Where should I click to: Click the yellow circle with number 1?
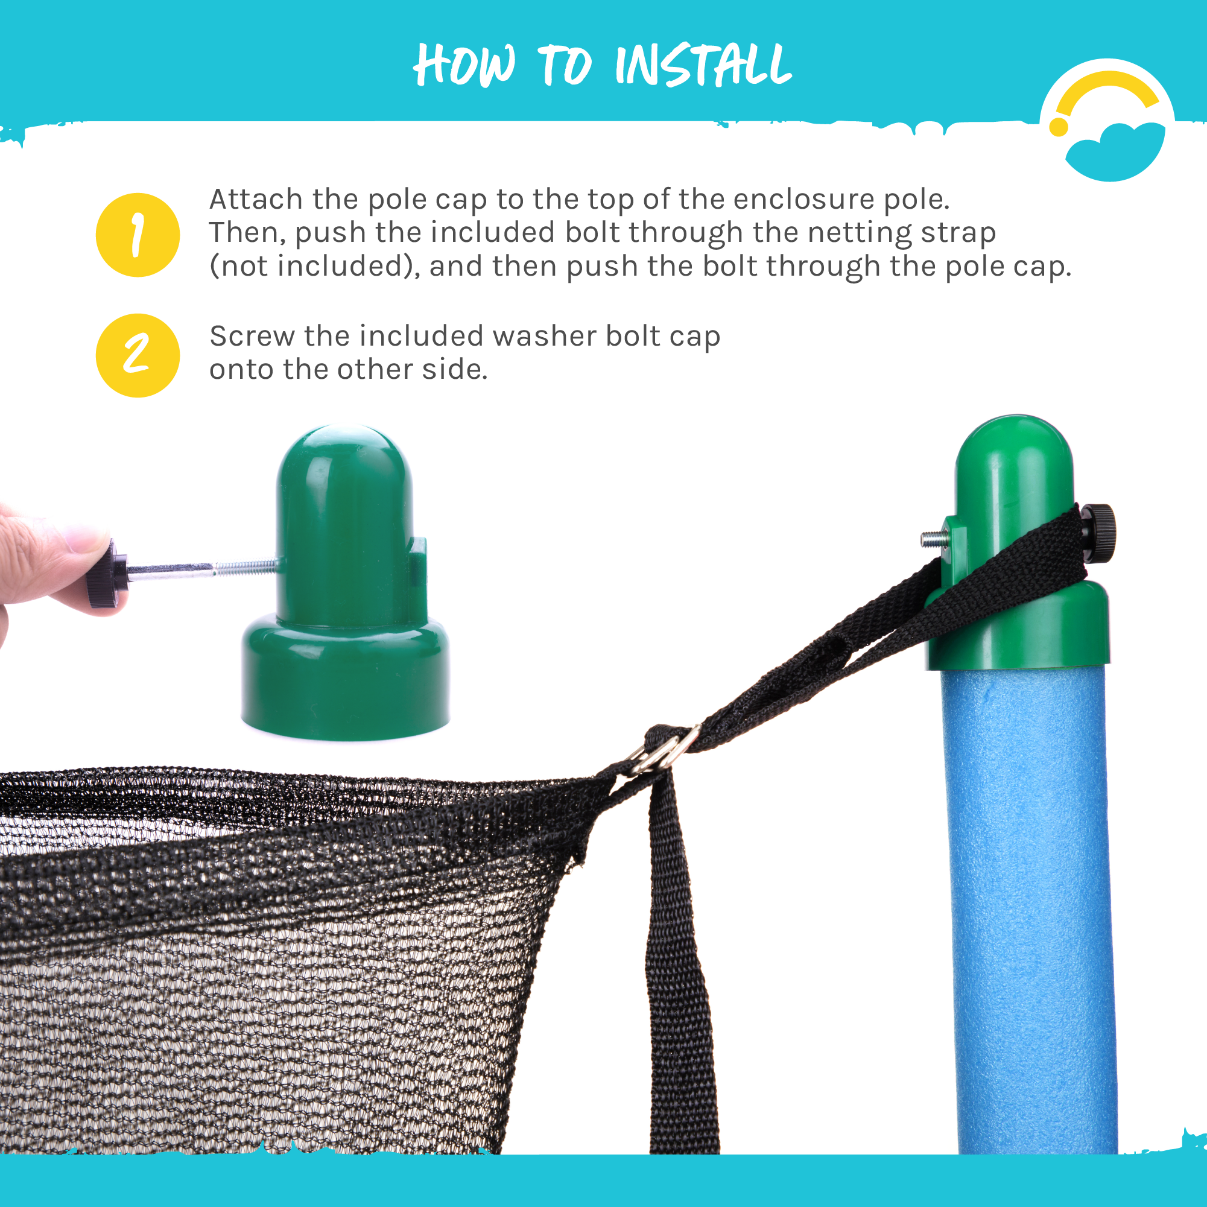point(138,235)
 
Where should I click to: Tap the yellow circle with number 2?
point(138,355)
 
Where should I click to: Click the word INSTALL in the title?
point(703,65)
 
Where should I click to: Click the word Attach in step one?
point(256,199)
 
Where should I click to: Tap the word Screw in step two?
point(252,336)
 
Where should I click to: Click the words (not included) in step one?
point(314,267)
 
